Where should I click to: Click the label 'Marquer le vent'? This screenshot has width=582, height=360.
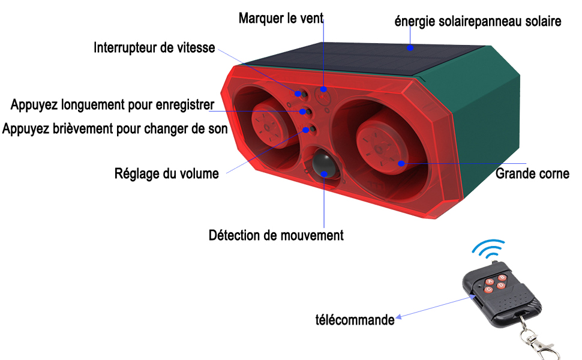281,18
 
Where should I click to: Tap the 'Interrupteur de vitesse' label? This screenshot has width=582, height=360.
154,47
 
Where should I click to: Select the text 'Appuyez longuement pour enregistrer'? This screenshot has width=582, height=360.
112,104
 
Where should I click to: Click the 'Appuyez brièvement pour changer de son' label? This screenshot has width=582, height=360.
115,129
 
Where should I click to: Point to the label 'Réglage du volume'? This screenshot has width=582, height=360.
167,173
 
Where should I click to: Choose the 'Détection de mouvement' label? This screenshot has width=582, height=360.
276,235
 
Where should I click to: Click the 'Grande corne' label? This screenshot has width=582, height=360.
532,173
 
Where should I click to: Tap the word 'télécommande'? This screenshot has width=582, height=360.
355,320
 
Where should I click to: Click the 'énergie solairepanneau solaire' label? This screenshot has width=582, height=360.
478,21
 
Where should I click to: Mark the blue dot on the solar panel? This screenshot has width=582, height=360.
410,47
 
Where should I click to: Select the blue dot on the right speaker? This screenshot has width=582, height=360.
401,163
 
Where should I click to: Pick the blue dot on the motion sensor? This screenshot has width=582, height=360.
324,173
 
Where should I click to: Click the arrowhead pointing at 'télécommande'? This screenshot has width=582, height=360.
399,317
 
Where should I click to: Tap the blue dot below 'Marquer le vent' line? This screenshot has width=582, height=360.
323,89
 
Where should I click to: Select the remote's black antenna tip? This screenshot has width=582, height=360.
494,262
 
